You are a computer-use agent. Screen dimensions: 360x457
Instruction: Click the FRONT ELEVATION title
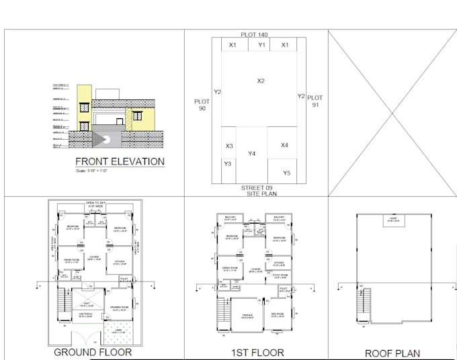pos(120,161)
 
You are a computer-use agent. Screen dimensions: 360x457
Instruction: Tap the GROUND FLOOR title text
pos(93,352)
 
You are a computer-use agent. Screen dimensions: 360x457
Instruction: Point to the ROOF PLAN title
pos(392,353)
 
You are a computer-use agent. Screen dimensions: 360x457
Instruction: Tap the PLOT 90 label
pos(202,105)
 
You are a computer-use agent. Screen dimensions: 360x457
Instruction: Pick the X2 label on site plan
pos(261,81)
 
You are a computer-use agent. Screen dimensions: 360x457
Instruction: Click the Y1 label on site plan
pos(262,45)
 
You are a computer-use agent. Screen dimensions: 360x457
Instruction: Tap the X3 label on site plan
pos(229,146)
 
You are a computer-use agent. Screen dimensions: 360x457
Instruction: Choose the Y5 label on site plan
pos(287,173)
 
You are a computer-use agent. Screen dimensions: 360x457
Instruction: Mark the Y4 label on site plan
pos(251,154)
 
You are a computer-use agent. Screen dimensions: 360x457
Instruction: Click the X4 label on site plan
pos(284,145)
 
